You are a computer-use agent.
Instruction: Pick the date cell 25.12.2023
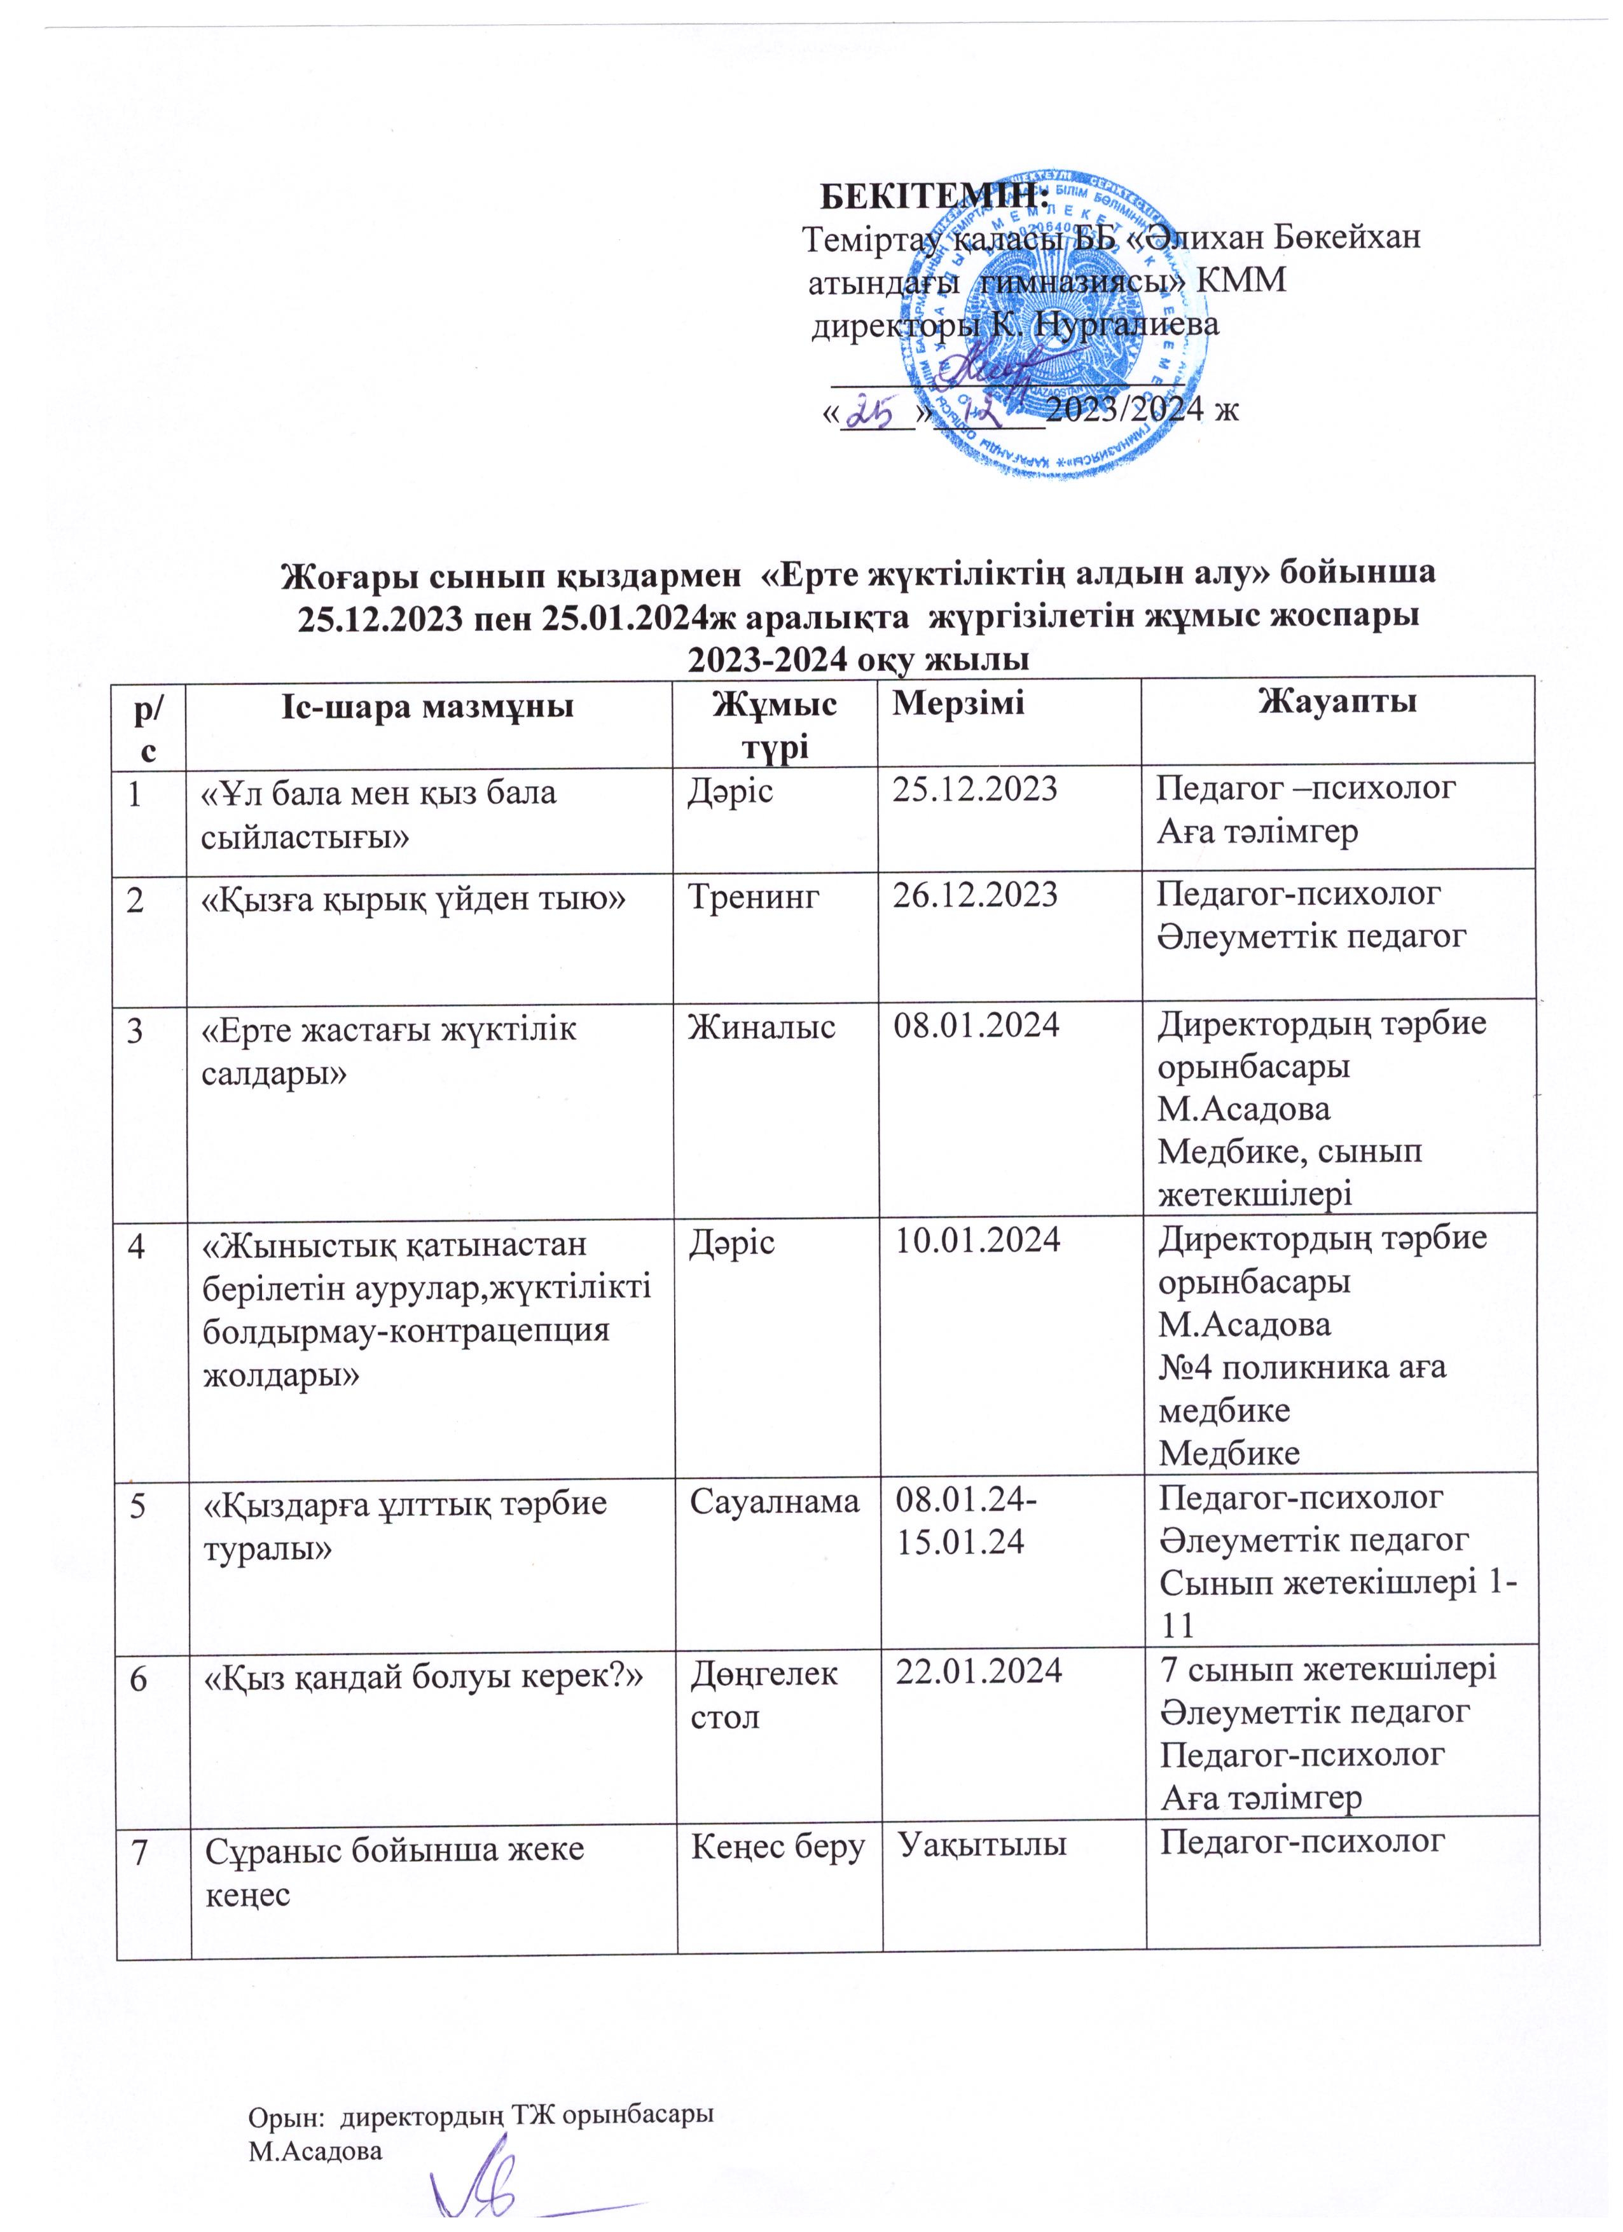pos(974,789)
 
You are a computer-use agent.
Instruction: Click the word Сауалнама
pos(773,1500)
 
